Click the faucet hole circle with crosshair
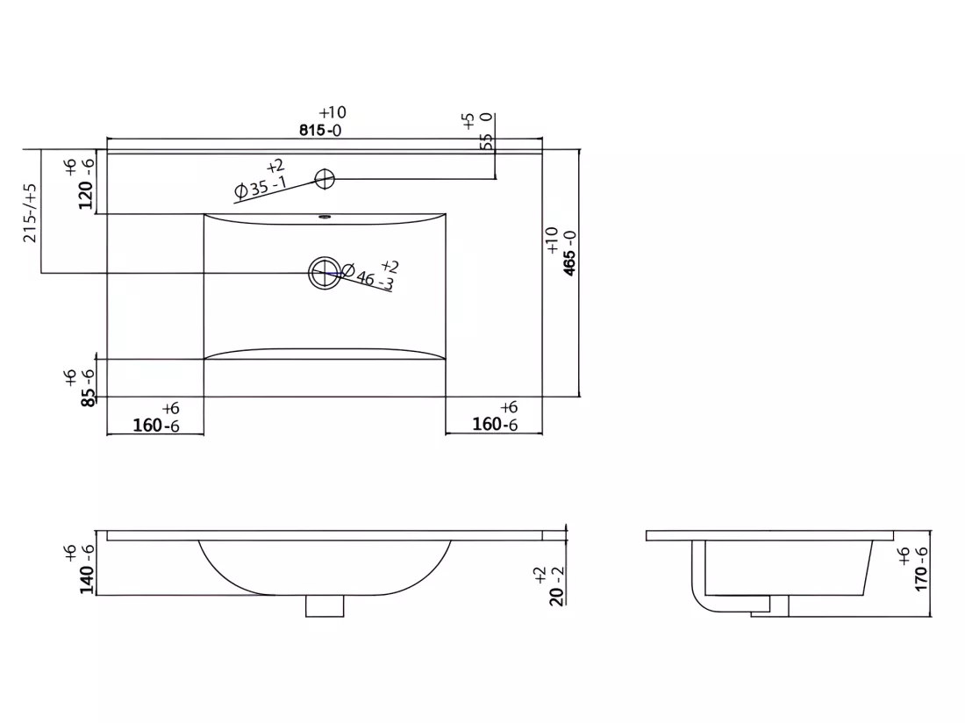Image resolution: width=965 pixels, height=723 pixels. pos(325,179)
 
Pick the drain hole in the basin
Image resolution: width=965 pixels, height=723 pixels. pos(325,273)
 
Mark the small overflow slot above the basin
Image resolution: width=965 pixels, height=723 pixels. pos(325,217)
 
